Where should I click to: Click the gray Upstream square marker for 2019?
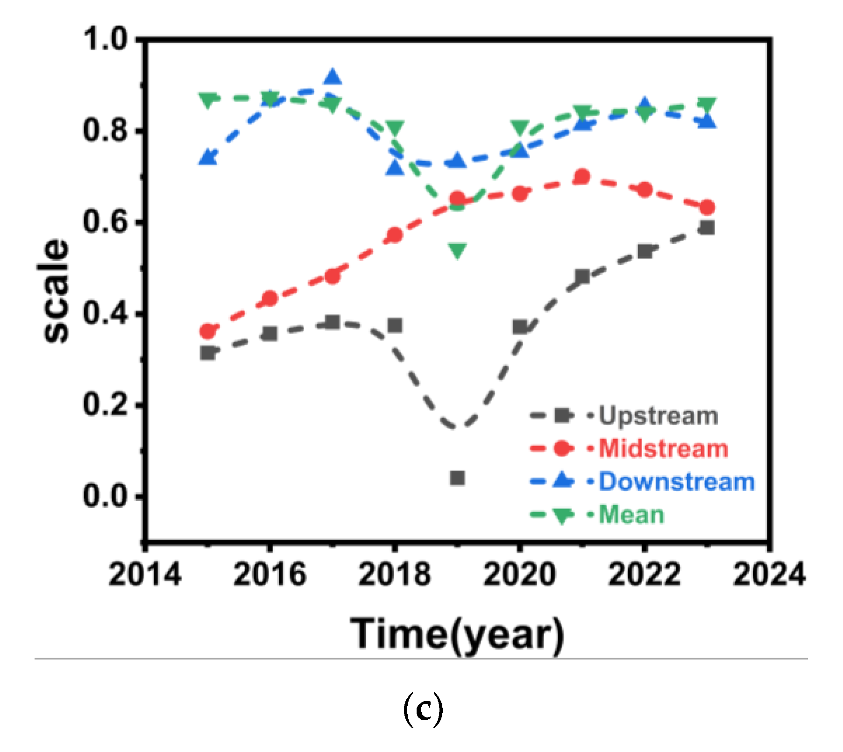(x=457, y=478)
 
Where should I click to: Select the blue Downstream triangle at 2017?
(x=333, y=77)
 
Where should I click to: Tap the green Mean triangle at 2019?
(x=458, y=250)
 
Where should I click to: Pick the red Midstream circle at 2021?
(x=582, y=177)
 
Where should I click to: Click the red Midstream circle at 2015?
(x=208, y=332)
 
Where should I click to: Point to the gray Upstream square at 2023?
(x=707, y=227)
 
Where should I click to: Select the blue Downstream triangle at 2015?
(x=208, y=158)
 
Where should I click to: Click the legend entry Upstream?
(x=658, y=415)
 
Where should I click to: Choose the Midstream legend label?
(x=663, y=448)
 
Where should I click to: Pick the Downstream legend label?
(x=676, y=482)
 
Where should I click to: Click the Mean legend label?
(x=631, y=515)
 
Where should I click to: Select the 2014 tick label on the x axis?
(x=145, y=574)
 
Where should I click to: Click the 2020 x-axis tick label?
(x=519, y=574)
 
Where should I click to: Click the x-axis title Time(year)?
(x=457, y=634)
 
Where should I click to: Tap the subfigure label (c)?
(x=422, y=709)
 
